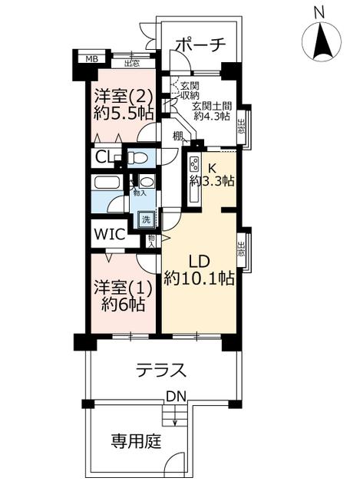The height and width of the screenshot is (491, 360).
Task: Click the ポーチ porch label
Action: click(200, 46)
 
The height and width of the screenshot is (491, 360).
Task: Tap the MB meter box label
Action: click(92, 59)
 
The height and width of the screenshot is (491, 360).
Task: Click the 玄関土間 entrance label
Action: click(212, 106)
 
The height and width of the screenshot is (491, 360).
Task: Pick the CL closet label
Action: click(104, 157)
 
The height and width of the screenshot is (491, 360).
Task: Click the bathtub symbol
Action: click(107, 183)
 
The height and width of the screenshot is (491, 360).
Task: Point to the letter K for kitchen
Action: click(212, 169)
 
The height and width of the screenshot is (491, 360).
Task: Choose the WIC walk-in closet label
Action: click(110, 234)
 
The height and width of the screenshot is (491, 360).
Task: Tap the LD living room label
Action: click(199, 262)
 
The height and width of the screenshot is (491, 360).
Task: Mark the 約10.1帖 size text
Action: click(200, 278)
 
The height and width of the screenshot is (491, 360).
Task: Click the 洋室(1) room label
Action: click(124, 288)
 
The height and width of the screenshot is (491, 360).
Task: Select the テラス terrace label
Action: click(161, 371)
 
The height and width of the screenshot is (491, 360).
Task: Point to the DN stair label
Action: click(176, 397)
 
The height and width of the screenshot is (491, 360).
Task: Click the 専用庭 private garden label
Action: click(136, 442)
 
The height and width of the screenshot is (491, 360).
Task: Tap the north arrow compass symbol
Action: click(321, 41)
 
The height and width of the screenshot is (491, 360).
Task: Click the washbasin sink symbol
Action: click(146, 182)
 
